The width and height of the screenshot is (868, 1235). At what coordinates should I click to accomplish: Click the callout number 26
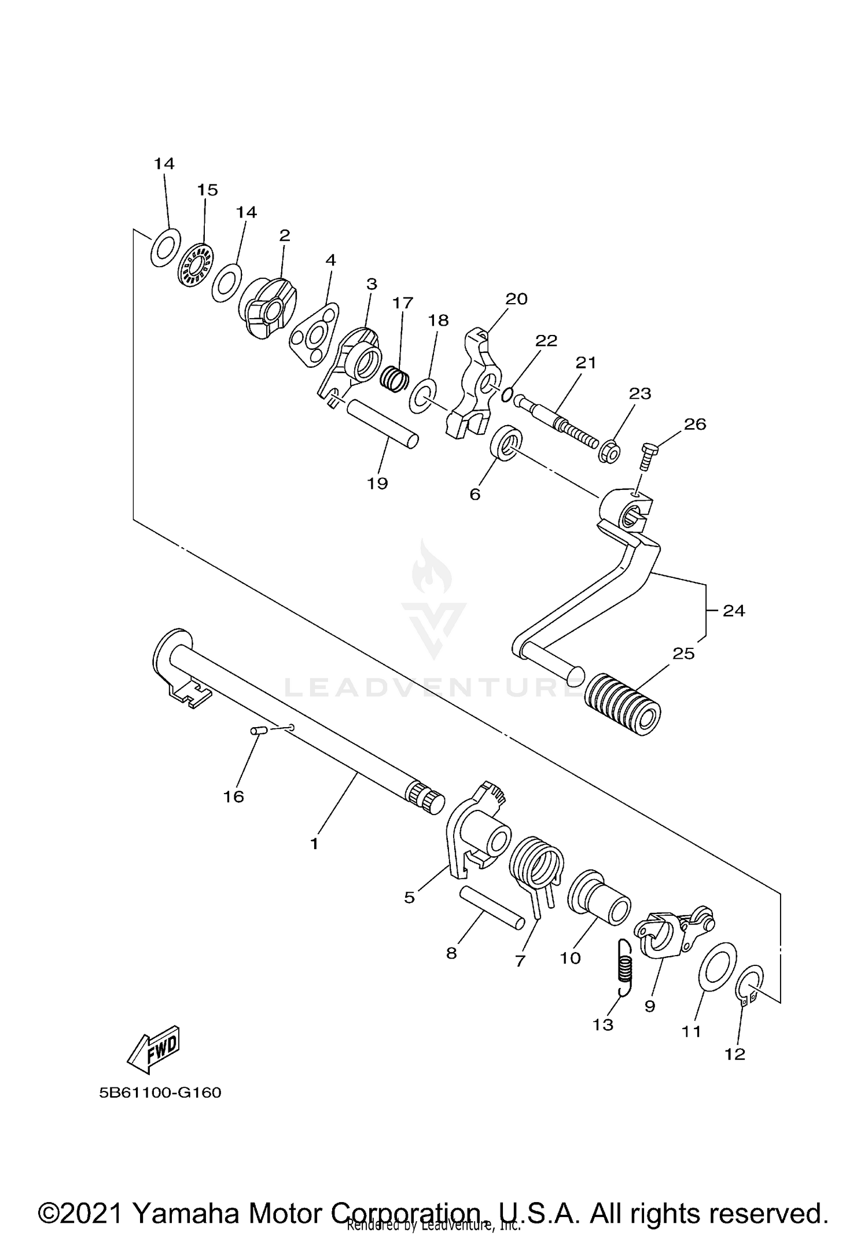pyautogui.click(x=695, y=424)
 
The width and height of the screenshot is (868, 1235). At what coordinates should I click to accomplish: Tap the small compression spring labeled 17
pyautogui.click(x=395, y=379)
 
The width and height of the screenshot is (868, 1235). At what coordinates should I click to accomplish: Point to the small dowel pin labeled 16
pyautogui.click(x=257, y=731)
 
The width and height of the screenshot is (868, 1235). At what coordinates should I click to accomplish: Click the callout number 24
pyautogui.click(x=734, y=610)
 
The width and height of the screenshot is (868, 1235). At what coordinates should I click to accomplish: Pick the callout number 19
pyautogui.click(x=377, y=483)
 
